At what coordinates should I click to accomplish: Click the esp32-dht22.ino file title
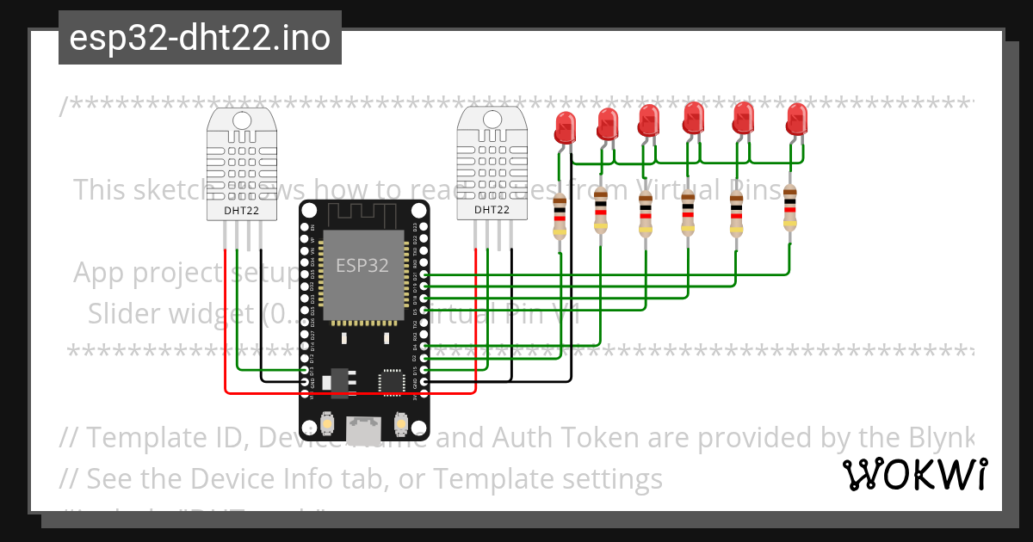pos(200,39)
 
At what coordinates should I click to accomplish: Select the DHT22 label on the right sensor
pos(492,209)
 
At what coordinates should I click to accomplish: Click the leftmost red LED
pos(565,127)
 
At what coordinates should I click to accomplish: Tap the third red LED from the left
pos(649,120)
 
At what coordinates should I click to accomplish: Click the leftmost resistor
pos(560,217)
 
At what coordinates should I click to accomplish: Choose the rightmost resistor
pos(790,212)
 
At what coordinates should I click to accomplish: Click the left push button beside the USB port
pos(328,423)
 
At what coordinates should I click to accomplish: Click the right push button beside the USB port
pos(400,423)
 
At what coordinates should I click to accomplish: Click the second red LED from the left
pos(608,124)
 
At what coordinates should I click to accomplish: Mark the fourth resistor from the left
pos(688,212)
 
